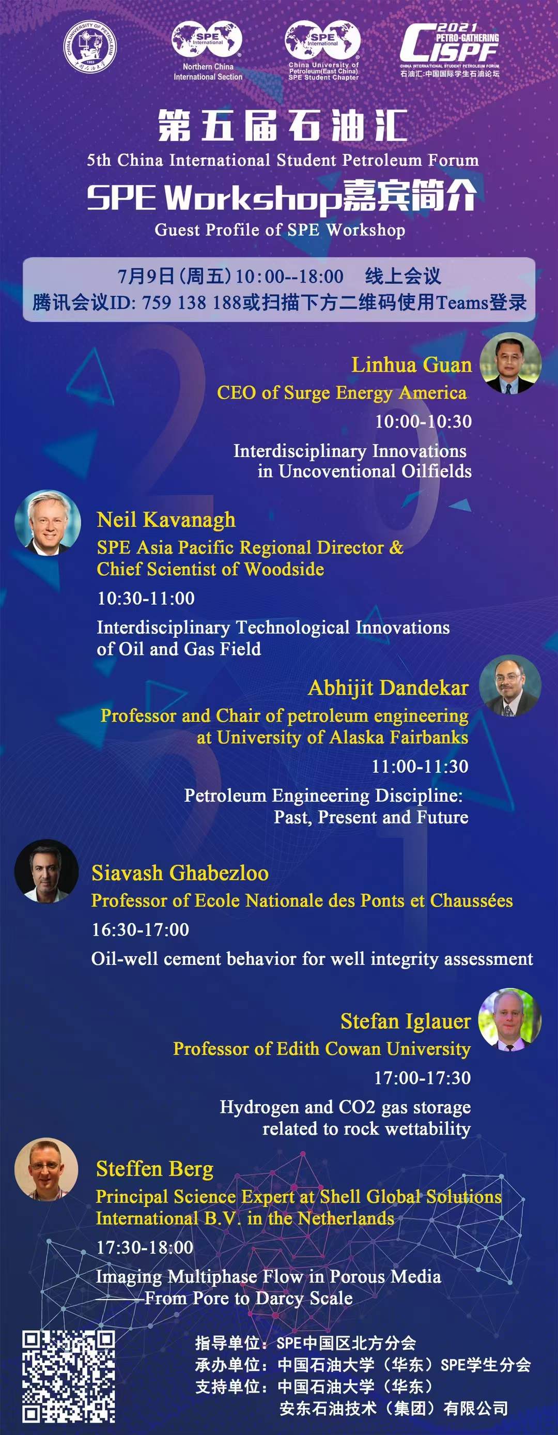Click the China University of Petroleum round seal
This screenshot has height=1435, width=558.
tap(90, 47)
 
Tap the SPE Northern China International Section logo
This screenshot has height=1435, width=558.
tap(207, 51)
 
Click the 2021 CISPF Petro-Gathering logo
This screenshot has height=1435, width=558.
tap(450, 50)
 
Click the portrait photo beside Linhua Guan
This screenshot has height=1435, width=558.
tap(510, 363)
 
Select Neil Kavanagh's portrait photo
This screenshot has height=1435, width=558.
tap(48, 522)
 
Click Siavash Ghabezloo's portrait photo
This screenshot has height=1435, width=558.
tap(47, 871)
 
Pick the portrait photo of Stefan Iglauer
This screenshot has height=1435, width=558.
tap(510, 1019)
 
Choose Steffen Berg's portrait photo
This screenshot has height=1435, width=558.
tap(47, 1169)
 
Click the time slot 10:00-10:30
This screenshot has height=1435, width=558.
tap(423, 422)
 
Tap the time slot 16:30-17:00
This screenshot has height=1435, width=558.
tap(141, 930)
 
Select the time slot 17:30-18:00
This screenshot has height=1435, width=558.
tap(145, 1247)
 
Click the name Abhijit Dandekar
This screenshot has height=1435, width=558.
tap(388, 688)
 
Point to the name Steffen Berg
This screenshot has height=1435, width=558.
tap(154, 1169)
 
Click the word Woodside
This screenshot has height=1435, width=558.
tap(284, 569)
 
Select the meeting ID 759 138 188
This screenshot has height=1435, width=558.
tap(191, 302)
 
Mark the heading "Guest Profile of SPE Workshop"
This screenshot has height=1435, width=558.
tap(280, 230)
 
